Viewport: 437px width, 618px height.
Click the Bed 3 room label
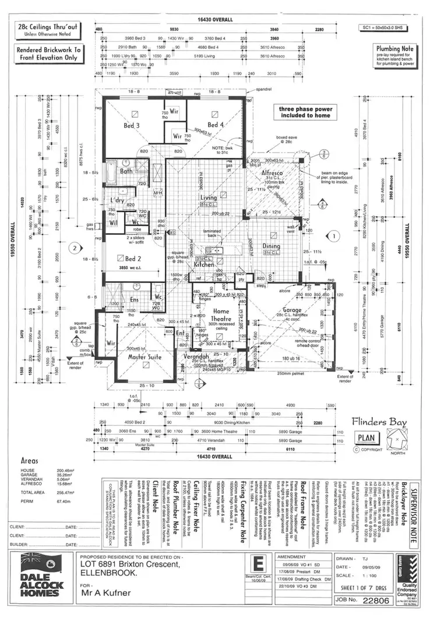pos(131,125)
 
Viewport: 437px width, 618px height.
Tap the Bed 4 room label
pos(215,125)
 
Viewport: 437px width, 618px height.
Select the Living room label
pos(209,198)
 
